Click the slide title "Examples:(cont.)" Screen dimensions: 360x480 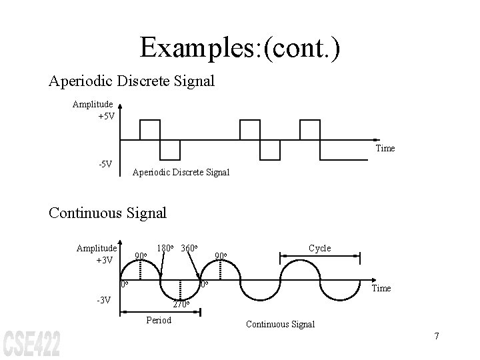[240, 47]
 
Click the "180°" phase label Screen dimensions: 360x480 [165, 249]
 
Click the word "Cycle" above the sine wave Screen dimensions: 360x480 [319, 248]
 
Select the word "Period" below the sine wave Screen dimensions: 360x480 [158, 320]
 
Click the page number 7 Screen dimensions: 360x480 [436, 335]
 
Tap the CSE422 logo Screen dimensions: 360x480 [32, 343]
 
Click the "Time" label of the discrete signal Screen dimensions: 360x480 [385, 148]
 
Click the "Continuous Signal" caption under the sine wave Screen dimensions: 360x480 [280, 324]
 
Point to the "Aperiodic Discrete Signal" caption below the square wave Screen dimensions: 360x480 [181, 172]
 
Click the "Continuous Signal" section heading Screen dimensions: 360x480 [107, 213]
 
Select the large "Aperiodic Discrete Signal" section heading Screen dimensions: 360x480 [131, 81]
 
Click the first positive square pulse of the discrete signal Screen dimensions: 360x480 [150, 130]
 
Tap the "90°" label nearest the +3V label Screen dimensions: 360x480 [141, 255]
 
